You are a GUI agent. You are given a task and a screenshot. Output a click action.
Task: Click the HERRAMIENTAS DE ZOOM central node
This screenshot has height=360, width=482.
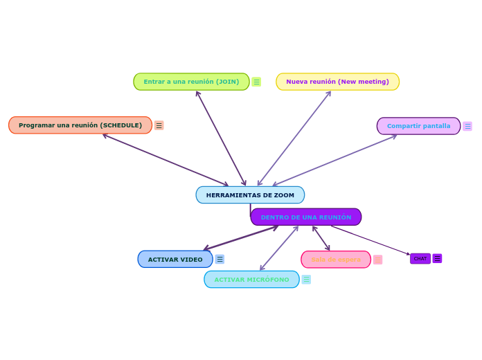click(x=250, y=195)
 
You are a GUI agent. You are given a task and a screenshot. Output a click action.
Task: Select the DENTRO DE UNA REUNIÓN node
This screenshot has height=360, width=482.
click(x=306, y=217)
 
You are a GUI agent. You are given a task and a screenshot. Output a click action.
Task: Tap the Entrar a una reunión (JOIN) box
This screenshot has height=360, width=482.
click(x=191, y=82)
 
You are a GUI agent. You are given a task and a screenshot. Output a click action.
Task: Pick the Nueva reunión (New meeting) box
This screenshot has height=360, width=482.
click(x=337, y=82)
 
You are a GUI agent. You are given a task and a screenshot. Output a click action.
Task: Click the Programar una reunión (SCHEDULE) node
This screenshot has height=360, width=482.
click(x=80, y=125)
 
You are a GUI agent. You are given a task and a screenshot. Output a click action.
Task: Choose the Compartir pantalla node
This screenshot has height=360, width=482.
click(x=418, y=126)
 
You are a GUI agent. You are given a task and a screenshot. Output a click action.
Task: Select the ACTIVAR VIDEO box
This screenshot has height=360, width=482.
click(x=175, y=260)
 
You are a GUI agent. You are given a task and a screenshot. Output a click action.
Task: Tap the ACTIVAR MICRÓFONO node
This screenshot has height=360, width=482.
click(x=251, y=280)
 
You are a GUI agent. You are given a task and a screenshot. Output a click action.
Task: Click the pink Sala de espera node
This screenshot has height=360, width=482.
click(x=336, y=260)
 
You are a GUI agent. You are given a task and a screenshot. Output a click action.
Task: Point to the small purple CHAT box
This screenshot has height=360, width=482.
click(x=420, y=259)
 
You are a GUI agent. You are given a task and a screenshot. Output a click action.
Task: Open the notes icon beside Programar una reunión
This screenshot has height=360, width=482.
click(x=159, y=125)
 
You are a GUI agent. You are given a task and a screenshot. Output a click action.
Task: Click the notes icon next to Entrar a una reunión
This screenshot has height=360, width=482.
click(x=256, y=82)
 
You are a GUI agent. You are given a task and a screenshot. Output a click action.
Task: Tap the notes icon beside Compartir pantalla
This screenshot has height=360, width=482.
click(x=467, y=126)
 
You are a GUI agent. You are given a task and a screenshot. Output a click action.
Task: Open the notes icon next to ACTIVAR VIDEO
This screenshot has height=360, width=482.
click(x=220, y=260)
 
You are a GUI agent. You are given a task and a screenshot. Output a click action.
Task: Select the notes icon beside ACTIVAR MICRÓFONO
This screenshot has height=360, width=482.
click(x=306, y=280)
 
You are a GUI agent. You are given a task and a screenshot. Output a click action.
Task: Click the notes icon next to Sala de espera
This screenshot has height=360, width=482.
click(x=377, y=260)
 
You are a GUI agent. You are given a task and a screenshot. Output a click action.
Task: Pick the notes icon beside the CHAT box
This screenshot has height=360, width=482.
click(x=437, y=259)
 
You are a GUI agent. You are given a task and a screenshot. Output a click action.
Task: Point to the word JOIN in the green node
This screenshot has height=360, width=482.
click(x=227, y=82)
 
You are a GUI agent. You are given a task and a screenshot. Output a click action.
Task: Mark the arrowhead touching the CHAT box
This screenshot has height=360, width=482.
click(x=409, y=255)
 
